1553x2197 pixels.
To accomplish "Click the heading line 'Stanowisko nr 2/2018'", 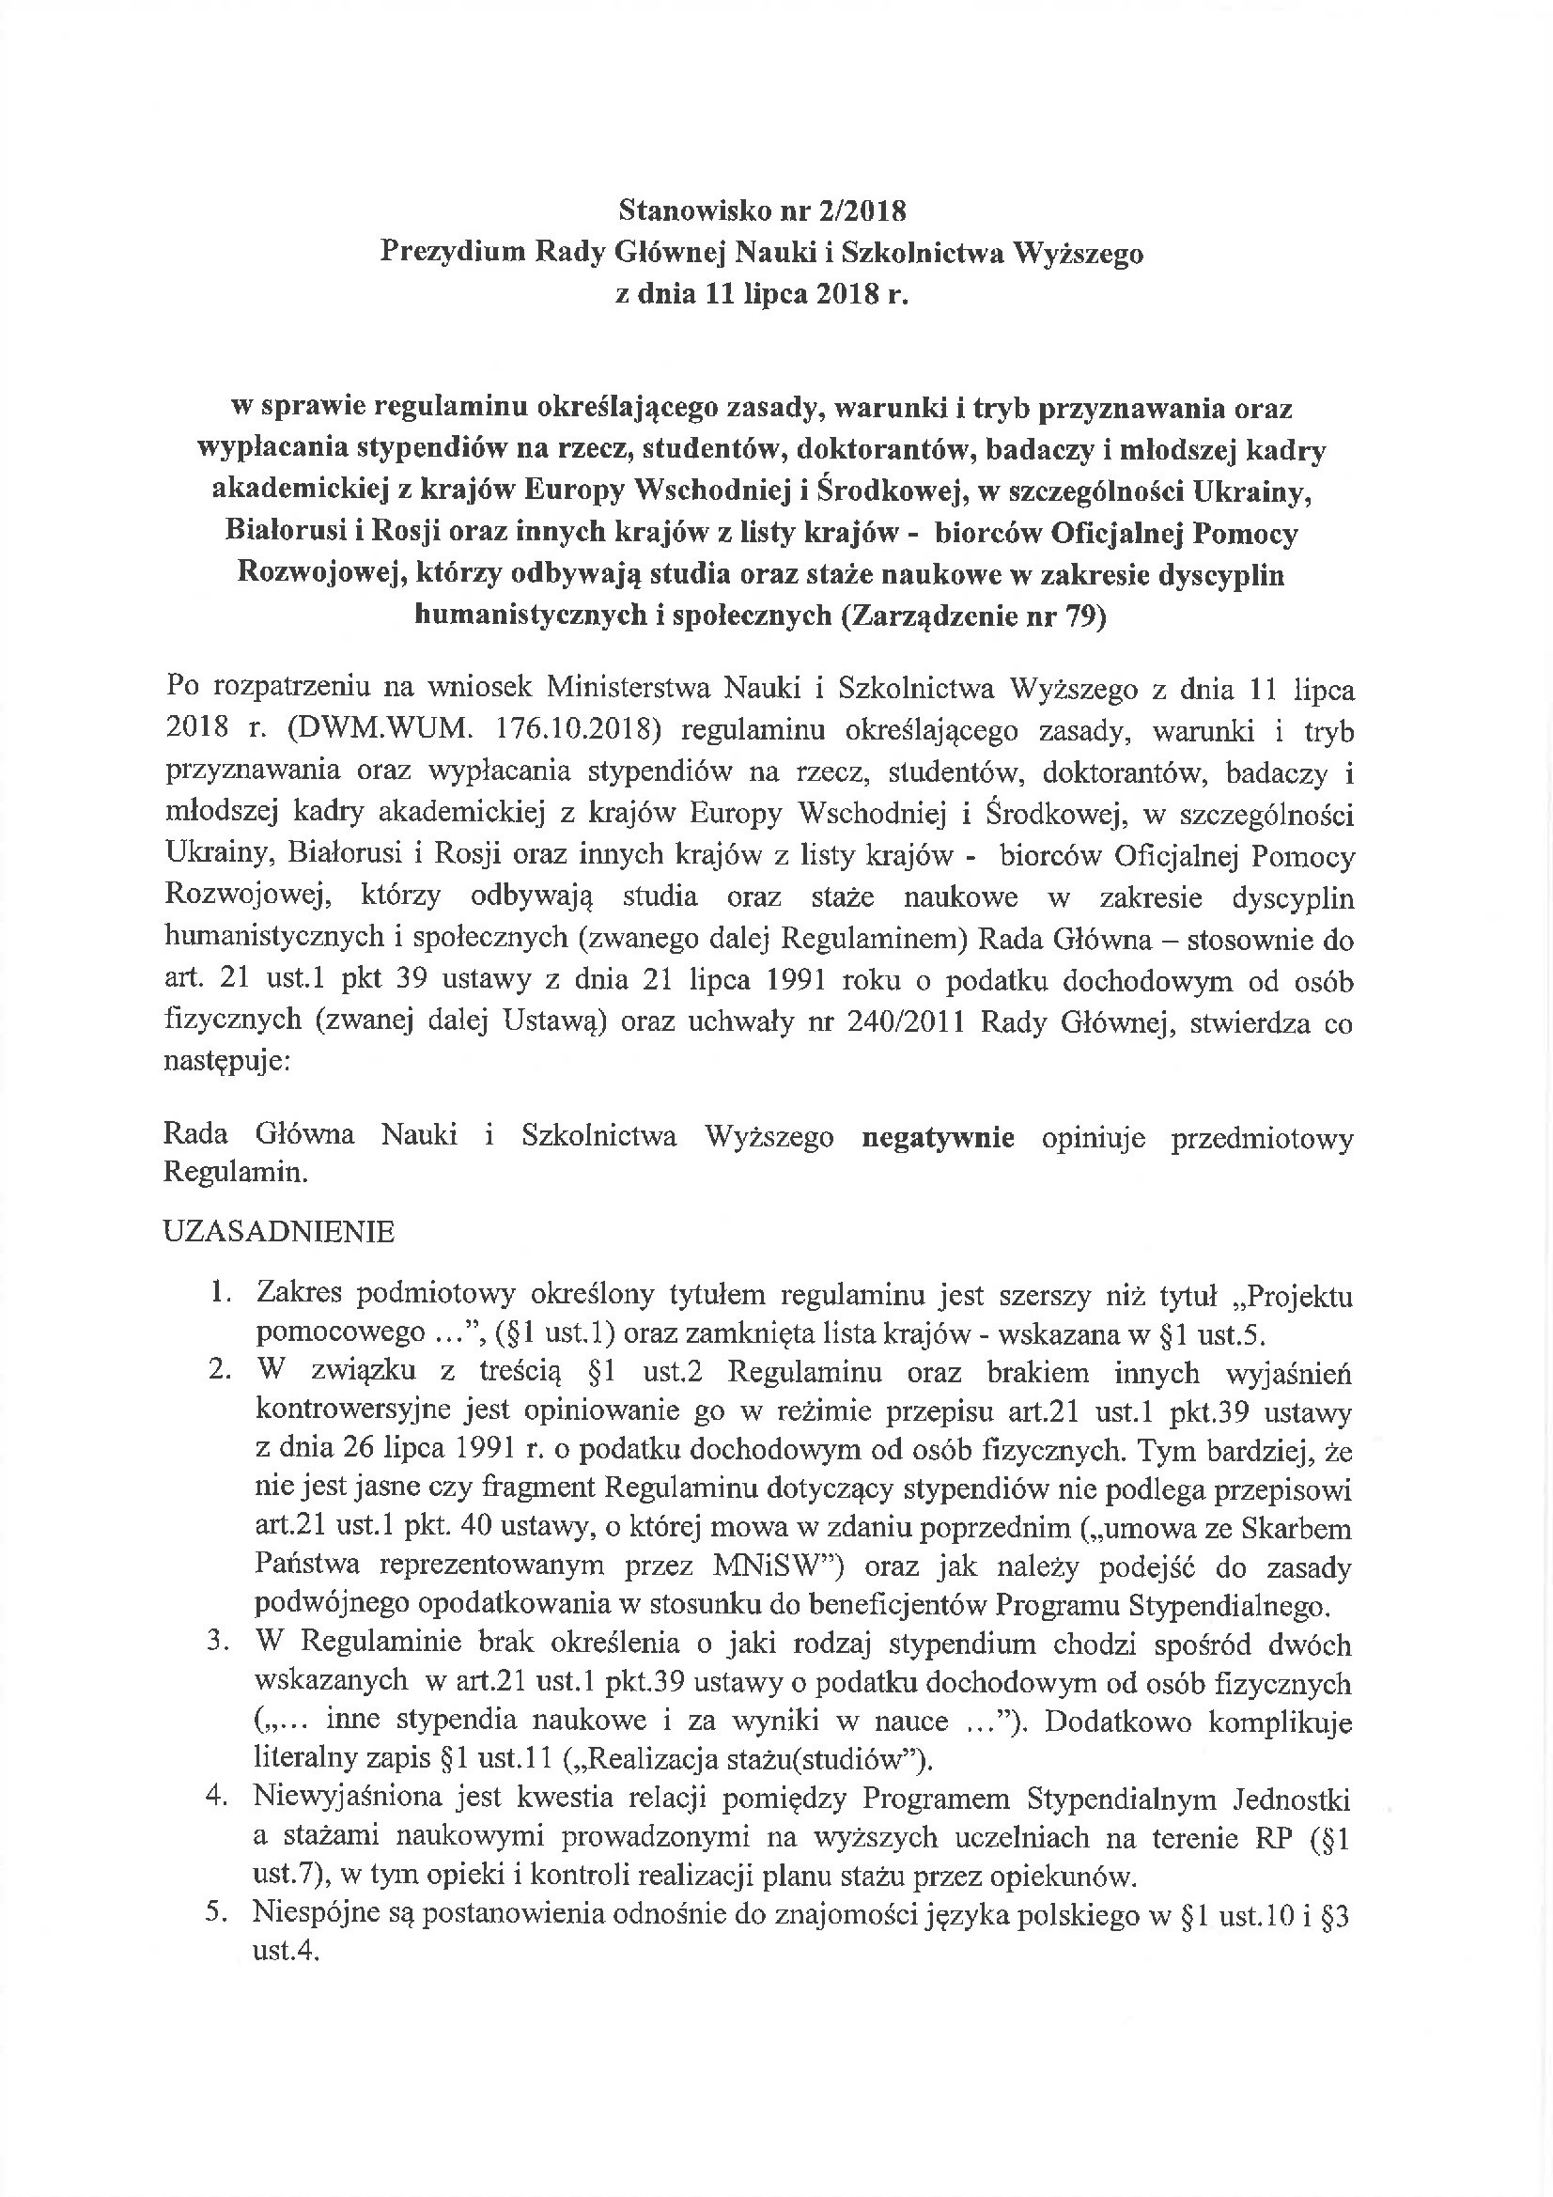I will click(x=762, y=210).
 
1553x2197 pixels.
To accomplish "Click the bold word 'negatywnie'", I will click(x=938, y=1137).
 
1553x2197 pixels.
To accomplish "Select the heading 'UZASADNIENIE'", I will click(x=279, y=1232).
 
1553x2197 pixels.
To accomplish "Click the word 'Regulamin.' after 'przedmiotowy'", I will click(x=236, y=1173).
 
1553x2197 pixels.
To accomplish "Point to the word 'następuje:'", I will click(x=226, y=1062).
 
